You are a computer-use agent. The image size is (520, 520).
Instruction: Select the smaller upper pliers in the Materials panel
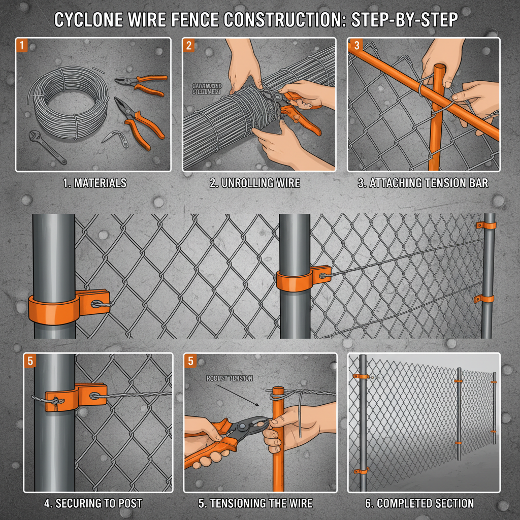[141, 84]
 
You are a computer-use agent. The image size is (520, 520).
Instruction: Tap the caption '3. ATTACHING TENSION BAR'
[422, 183]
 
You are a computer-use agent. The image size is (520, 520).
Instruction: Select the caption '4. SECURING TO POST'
[92, 504]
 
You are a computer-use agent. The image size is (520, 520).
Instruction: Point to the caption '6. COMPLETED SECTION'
[419, 504]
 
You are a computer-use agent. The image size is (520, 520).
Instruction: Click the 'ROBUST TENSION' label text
[230, 378]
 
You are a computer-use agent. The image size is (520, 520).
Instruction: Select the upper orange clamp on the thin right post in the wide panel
[486, 225]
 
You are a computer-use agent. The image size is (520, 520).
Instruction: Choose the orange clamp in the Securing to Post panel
[76, 397]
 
